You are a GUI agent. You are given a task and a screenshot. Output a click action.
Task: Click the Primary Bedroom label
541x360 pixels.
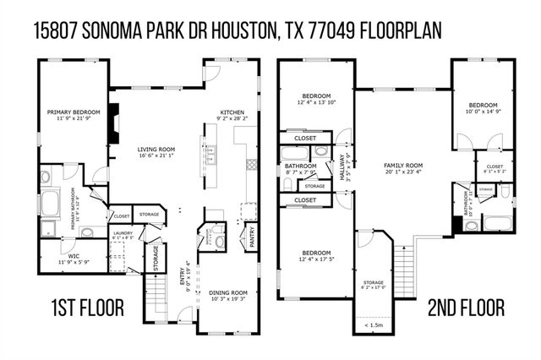(74, 112)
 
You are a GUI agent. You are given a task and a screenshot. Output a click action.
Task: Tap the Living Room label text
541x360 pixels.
(155, 149)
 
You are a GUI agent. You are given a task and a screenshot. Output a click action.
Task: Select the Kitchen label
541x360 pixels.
(232, 112)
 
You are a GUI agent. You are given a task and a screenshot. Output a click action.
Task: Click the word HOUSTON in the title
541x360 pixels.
(234, 30)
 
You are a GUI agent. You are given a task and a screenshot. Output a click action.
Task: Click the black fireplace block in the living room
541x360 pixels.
(117, 112)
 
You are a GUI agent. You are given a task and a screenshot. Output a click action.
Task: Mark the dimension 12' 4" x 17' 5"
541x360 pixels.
(317, 259)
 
